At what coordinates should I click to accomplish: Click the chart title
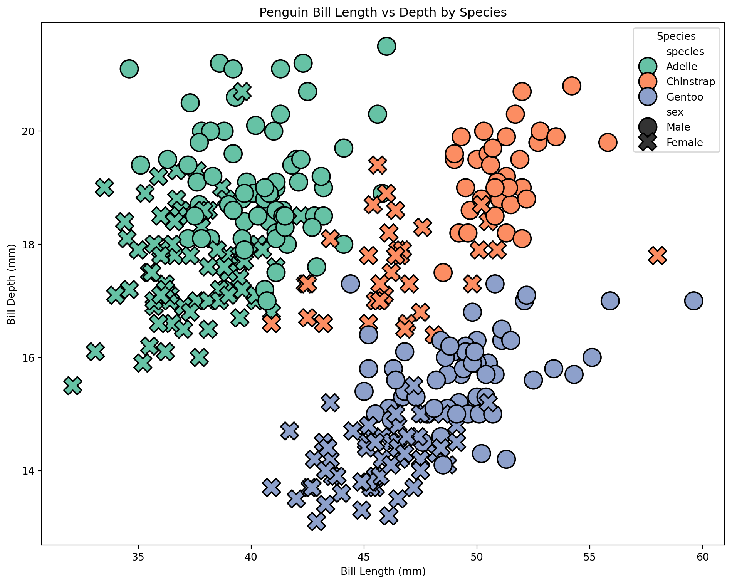(x=383, y=13)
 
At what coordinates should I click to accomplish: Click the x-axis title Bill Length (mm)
(x=383, y=571)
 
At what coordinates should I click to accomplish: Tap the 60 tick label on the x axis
(x=703, y=557)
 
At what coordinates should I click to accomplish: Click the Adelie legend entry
(x=681, y=67)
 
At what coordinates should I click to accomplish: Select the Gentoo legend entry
(x=684, y=97)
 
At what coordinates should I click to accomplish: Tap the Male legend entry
(x=678, y=127)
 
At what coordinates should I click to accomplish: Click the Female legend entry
(x=684, y=143)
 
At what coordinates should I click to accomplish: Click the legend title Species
(x=676, y=36)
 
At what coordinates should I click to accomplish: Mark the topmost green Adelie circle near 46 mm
(x=387, y=46)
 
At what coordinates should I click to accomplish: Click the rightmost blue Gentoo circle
(x=693, y=300)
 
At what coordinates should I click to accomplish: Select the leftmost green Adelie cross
(x=73, y=386)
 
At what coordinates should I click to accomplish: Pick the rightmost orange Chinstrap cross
(x=657, y=255)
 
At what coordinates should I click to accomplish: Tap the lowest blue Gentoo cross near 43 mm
(x=317, y=522)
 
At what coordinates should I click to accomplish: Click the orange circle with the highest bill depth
(x=572, y=86)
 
